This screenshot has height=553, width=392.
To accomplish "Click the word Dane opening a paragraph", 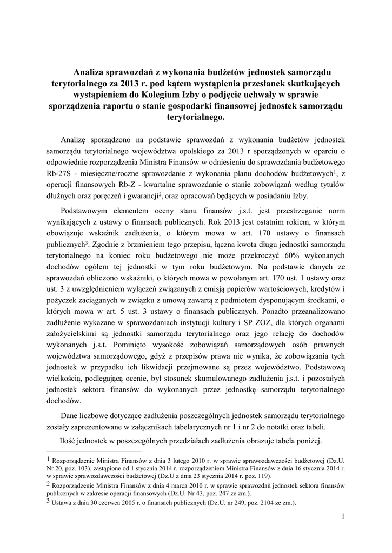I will point(70,416).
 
